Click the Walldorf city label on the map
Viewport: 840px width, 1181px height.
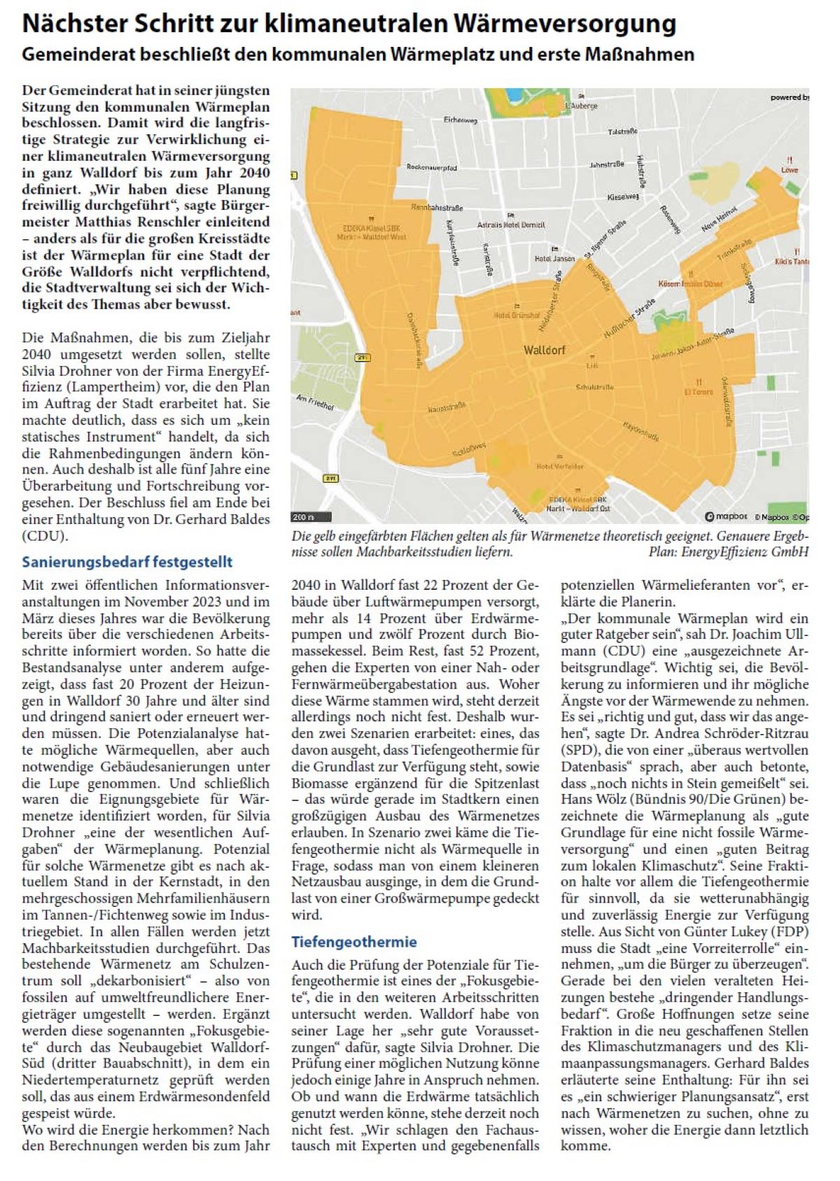click(x=544, y=350)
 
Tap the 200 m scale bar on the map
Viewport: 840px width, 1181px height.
click(x=302, y=518)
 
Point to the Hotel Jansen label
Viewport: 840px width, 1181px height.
click(x=554, y=259)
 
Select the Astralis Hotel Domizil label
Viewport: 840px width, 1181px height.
click(x=511, y=225)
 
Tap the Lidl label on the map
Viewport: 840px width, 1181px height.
click(x=592, y=365)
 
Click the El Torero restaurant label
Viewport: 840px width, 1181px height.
click(x=698, y=392)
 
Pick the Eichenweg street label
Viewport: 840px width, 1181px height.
click(x=460, y=120)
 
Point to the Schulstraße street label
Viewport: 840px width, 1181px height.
click(x=594, y=387)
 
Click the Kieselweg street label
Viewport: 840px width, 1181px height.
click(x=622, y=197)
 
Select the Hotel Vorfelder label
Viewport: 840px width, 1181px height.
click(x=559, y=466)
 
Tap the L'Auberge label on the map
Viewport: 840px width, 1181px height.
click(x=581, y=106)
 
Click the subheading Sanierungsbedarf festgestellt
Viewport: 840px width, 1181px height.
click(x=127, y=562)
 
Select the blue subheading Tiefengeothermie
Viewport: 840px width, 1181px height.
click(x=354, y=942)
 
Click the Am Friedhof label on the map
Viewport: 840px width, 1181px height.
click(x=316, y=402)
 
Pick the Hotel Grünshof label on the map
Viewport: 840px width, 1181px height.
click(x=517, y=316)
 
